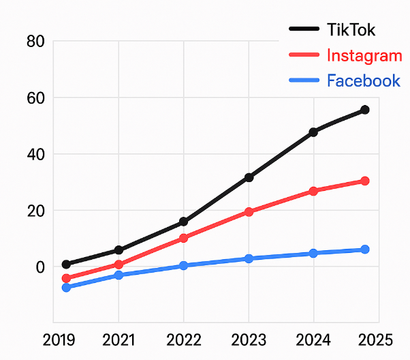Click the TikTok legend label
(x=351, y=30)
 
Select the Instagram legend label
(x=364, y=55)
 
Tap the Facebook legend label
(x=363, y=80)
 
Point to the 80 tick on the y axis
(x=35, y=42)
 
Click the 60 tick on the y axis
(x=35, y=98)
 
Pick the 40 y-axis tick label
(x=35, y=154)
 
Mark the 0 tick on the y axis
(x=40, y=267)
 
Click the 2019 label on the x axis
(x=59, y=340)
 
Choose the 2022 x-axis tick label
(x=184, y=340)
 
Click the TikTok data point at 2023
(x=249, y=177)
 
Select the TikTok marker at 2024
(x=313, y=132)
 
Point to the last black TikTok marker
(x=365, y=110)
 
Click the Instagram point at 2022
(x=184, y=238)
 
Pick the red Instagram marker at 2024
(x=313, y=192)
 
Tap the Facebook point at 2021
(x=119, y=275)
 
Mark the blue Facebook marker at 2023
(x=249, y=258)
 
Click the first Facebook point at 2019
(x=66, y=288)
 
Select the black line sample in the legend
(x=304, y=29)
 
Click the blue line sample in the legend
(x=304, y=80)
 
